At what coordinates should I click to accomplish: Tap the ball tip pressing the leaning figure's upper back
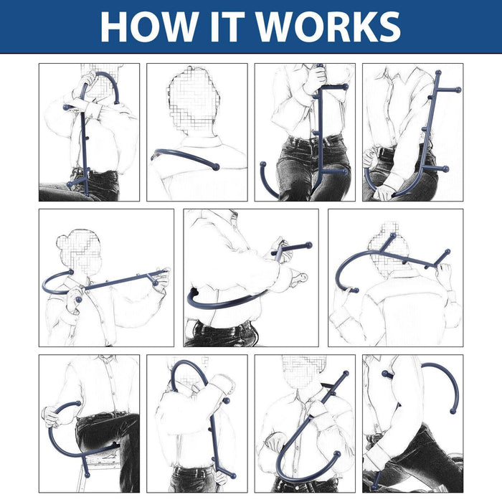[x=386, y=374]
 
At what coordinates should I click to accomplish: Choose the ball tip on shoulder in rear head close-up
[x=215, y=167]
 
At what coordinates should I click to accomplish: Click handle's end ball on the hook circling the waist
[x=309, y=245]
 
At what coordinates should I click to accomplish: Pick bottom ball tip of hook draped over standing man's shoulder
[x=232, y=475]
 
